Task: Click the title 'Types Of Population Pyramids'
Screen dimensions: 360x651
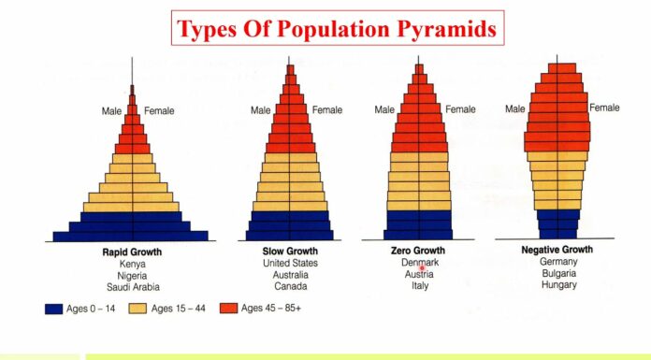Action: [x=338, y=29]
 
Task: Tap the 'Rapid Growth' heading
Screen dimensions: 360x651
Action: [x=132, y=252]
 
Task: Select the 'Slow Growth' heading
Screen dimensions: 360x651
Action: [x=291, y=252]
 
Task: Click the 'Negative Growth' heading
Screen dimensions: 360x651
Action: [x=557, y=251]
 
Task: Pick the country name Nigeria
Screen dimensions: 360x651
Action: [x=132, y=276]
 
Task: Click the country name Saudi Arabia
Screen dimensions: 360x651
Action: [x=132, y=287]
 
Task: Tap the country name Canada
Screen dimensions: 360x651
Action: [x=291, y=286]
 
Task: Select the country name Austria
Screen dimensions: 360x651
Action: [x=418, y=275]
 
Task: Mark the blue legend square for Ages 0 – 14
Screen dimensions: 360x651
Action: [x=53, y=308]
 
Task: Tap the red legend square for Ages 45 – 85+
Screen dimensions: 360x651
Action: [x=227, y=308]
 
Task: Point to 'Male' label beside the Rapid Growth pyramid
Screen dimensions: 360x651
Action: [x=112, y=111]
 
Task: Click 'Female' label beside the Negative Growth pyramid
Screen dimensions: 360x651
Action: [x=604, y=108]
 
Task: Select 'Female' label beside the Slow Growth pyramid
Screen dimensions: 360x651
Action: [x=327, y=110]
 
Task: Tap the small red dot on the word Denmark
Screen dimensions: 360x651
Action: [x=422, y=267]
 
